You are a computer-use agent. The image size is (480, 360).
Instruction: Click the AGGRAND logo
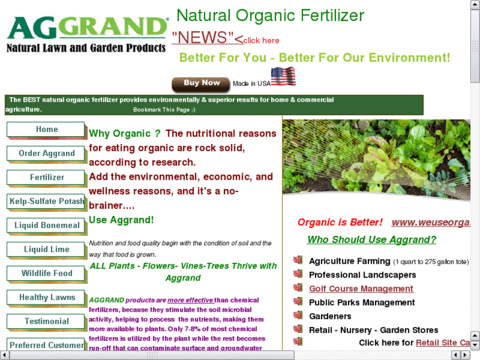86,33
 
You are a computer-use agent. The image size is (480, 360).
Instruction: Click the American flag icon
283,77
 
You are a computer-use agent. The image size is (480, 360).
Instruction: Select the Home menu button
46,129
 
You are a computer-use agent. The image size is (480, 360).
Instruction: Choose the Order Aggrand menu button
46,154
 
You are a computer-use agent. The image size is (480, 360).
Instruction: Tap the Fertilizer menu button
46,178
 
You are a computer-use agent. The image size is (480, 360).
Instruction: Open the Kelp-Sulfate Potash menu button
46,201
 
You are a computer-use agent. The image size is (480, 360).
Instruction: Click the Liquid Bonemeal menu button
46,225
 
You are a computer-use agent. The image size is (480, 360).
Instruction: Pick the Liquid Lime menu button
46,250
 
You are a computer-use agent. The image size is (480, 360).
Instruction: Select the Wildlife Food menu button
46,273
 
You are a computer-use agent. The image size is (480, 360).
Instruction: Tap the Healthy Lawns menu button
46,298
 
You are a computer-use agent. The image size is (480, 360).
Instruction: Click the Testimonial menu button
46,322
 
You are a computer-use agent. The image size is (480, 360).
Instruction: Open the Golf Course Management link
361,289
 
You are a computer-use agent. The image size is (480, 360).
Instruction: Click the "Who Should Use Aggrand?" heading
372,240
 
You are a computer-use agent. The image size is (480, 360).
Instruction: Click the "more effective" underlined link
190,300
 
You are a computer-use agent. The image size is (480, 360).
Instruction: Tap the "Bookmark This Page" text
164,110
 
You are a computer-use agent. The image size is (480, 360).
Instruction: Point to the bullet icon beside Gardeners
298,316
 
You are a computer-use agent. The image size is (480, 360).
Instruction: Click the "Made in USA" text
252,84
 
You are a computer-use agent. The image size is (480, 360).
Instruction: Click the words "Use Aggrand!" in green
121,220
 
